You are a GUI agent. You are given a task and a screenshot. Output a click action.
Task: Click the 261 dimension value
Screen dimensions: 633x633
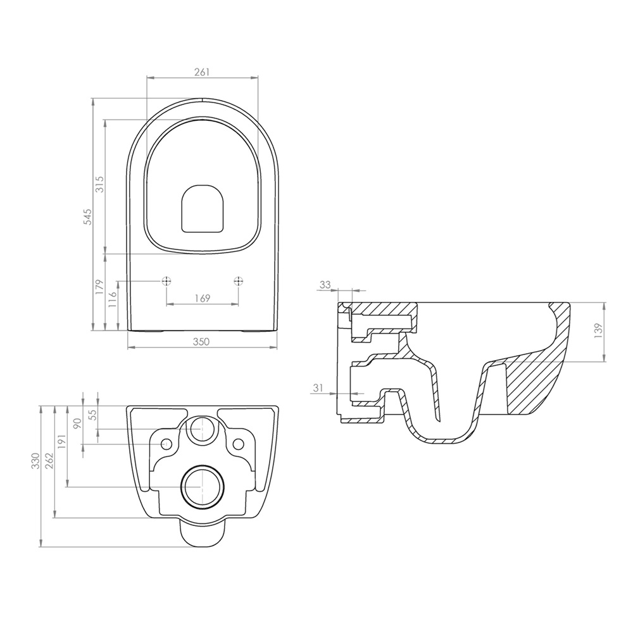203,72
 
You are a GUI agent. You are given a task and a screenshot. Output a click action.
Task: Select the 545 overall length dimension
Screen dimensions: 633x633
87,216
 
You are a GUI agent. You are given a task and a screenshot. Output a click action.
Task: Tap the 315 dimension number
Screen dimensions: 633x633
100,184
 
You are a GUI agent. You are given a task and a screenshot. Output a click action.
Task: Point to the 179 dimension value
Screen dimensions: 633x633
100,287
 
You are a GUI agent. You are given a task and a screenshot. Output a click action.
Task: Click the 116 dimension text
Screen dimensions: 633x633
113,299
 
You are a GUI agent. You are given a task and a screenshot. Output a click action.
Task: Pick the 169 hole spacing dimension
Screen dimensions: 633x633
203,298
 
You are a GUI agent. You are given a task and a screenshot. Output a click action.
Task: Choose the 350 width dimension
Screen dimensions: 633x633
201,342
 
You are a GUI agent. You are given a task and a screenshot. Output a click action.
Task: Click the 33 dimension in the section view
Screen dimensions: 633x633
325,285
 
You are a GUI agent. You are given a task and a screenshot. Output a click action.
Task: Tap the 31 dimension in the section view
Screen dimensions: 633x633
318,388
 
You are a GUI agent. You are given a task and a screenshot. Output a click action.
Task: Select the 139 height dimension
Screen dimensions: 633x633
599,331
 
